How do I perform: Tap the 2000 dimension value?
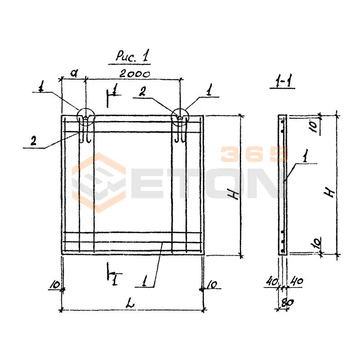coord(135,74)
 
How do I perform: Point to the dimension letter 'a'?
coord(74,73)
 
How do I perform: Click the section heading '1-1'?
coord(282,81)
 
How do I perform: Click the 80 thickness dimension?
coord(287,303)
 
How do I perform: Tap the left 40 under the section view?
coord(272,282)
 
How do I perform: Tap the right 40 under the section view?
coord(297,281)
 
